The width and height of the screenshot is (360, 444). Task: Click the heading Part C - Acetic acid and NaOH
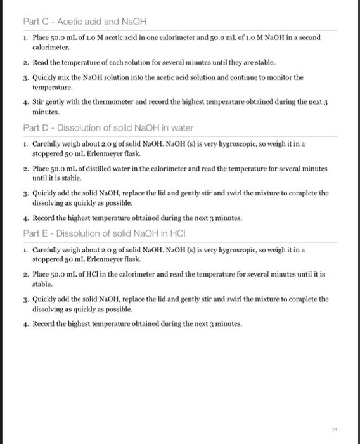pyautogui.click(x=75, y=22)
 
